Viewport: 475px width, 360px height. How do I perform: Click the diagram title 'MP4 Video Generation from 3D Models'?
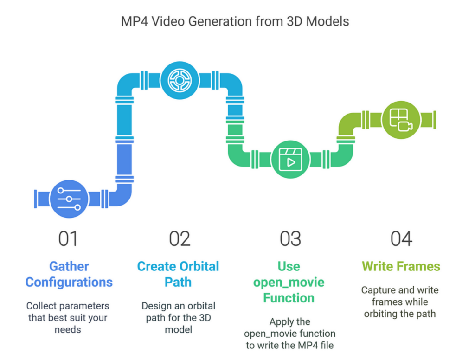tap(235, 21)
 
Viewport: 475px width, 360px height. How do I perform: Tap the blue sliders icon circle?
tap(69, 199)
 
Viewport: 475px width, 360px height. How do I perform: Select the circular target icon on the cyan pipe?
tap(180, 80)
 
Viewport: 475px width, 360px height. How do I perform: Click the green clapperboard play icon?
tap(290, 160)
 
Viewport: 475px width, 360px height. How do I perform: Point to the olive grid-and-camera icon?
tap(401, 120)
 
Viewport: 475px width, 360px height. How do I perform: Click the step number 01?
tap(68, 239)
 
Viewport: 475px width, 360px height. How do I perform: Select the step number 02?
tap(180, 239)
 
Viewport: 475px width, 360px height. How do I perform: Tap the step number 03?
tap(290, 239)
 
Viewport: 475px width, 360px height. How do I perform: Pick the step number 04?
tap(401, 239)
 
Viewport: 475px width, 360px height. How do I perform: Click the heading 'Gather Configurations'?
tap(69, 274)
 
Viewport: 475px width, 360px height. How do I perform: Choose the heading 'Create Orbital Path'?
tap(178, 274)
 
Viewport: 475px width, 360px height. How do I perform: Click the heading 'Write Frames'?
tap(401, 266)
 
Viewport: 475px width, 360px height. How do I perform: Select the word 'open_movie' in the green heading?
tap(289, 283)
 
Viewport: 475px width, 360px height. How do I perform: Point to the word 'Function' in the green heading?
tap(289, 298)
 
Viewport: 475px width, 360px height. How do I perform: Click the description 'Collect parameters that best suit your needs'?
tap(68, 318)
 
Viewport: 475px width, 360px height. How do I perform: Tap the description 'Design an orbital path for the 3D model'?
tap(179, 318)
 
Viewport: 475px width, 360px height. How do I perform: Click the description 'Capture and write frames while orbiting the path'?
tap(400, 302)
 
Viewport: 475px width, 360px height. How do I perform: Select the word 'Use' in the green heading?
tap(289, 267)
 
